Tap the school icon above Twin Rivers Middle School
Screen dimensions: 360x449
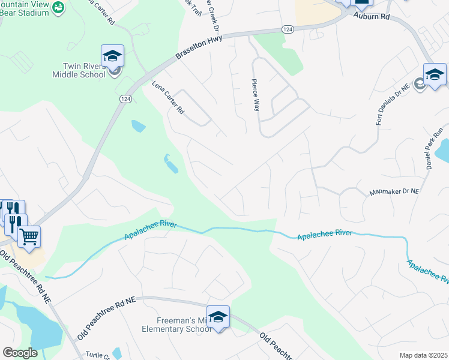coord(112,56)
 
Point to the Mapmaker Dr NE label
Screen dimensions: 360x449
coord(393,192)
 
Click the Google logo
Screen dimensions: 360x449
coord(20,353)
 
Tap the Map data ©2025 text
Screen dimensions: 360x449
coord(423,355)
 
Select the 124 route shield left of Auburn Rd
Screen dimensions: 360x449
coord(288,29)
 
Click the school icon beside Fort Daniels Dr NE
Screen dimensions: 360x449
coord(435,74)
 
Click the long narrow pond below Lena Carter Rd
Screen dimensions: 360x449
coord(170,164)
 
